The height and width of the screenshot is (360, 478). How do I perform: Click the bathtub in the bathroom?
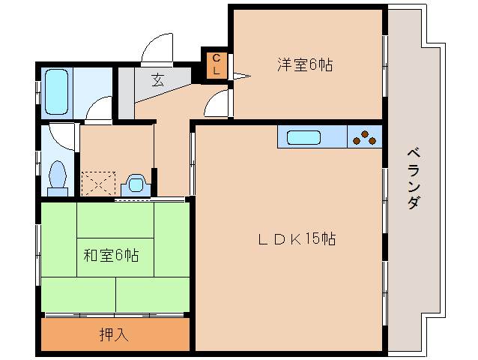(x=57, y=91)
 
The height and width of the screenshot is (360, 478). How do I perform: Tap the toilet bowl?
(x=58, y=177)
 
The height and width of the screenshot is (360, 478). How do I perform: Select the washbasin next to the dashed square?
(x=136, y=184)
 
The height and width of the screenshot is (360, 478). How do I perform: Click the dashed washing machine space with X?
(x=97, y=184)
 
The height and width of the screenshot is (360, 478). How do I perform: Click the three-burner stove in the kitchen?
(x=365, y=137)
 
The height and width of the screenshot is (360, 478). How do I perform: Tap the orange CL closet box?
(x=216, y=64)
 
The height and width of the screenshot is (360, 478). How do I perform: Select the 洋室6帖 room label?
(x=306, y=65)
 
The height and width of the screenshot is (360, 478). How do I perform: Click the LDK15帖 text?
(x=297, y=239)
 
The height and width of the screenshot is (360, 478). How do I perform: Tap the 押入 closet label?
(x=114, y=334)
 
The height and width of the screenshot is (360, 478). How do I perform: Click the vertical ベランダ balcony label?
(x=413, y=178)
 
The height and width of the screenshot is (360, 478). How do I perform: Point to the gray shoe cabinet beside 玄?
(x=126, y=94)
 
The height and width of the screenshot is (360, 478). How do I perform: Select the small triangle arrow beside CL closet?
(x=240, y=75)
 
